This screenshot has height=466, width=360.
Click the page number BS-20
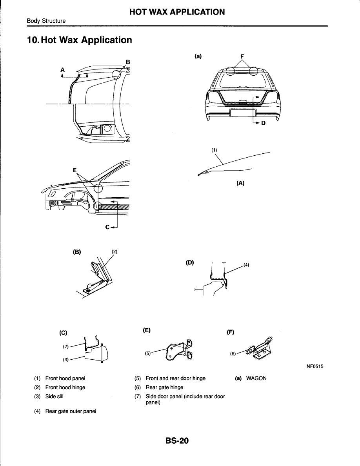[177, 441]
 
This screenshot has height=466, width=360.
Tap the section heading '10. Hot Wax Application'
[79, 40]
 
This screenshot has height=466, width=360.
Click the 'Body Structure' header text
[46, 21]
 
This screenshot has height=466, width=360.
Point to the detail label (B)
[76, 252]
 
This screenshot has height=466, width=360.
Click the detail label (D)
[191, 262]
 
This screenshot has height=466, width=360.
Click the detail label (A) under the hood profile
[240, 183]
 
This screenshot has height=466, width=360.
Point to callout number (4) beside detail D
[246, 265]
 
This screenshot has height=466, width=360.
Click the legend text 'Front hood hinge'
[65, 388]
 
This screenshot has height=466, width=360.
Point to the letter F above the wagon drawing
[242, 56]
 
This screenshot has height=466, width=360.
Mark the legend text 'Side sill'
[54, 396]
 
